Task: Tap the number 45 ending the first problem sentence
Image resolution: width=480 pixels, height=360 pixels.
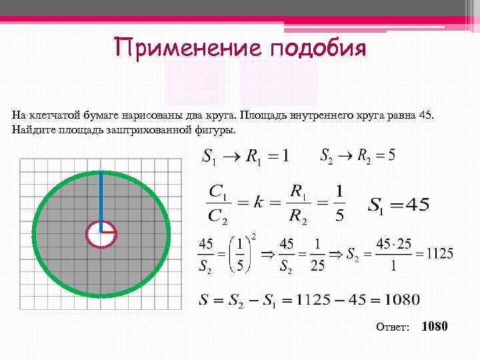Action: point(425,114)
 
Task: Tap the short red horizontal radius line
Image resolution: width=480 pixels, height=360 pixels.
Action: point(109,232)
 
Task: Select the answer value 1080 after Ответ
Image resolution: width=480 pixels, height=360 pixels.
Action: point(435,326)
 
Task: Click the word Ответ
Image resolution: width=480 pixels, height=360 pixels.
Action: point(393,327)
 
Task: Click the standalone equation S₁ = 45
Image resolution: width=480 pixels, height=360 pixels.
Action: point(399,205)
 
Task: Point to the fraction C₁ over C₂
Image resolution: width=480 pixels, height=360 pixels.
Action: point(215,203)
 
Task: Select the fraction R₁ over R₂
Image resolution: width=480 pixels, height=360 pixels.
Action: point(298,203)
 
